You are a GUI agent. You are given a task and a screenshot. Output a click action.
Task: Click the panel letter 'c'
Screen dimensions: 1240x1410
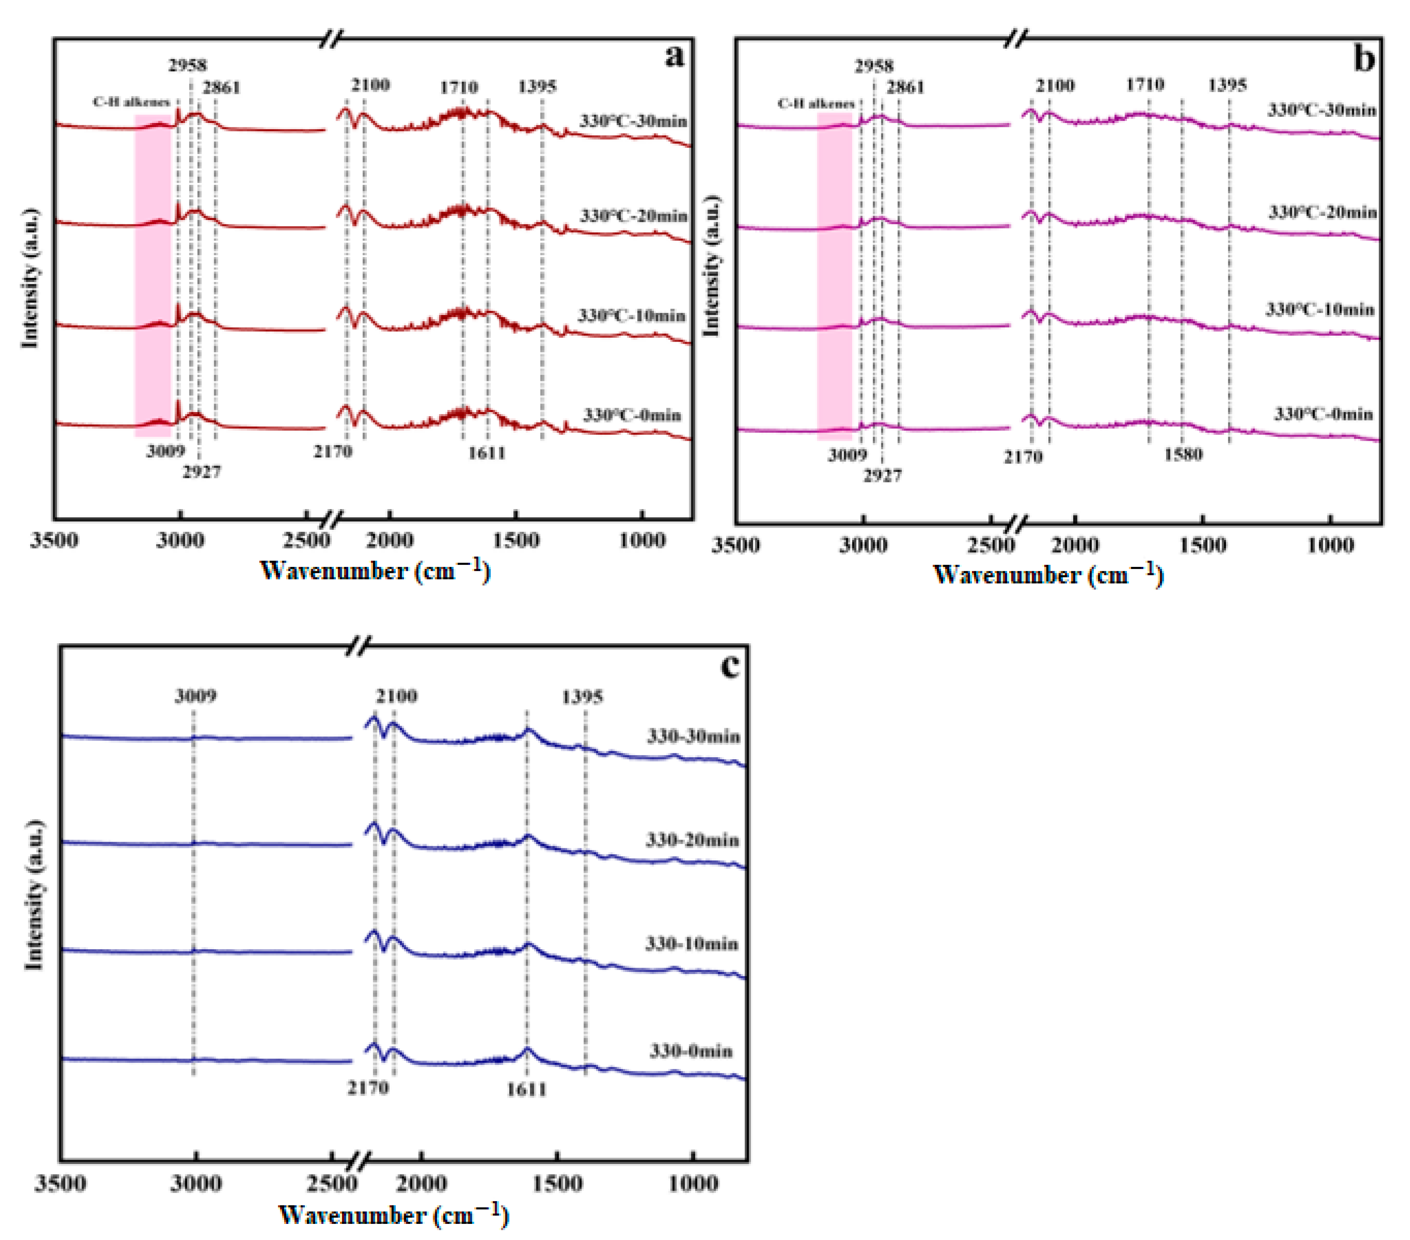(730, 665)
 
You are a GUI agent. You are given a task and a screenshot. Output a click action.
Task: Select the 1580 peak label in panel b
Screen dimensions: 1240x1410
(1183, 454)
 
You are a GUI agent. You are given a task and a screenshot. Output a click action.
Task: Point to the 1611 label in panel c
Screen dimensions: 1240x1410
(526, 1090)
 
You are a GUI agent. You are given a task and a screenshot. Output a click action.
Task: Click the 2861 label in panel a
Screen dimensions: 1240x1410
(221, 88)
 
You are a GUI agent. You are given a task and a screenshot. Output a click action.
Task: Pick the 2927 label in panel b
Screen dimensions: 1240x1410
(882, 475)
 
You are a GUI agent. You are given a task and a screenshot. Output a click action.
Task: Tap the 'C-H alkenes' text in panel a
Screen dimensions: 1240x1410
(131, 102)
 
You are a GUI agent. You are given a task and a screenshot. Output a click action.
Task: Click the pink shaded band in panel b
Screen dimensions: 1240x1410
(834, 276)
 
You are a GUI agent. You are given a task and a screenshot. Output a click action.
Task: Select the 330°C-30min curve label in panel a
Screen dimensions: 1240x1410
(632, 121)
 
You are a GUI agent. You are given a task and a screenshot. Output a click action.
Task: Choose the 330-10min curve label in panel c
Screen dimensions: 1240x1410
(691, 944)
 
